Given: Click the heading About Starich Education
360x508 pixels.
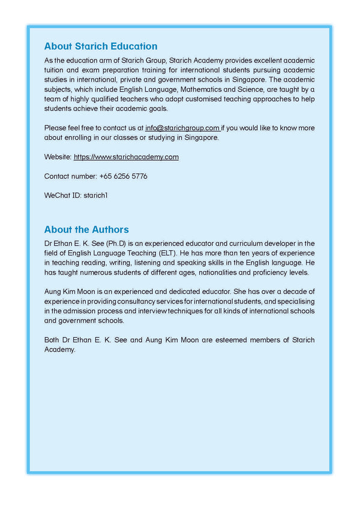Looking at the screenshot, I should click(x=101, y=46).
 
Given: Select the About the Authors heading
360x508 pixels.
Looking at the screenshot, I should click(x=86, y=230).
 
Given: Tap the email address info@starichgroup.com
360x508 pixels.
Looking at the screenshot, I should click(x=182, y=128).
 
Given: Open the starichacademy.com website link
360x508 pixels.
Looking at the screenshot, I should click(x=126, y=157).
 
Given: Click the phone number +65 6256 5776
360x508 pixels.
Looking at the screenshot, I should click(x=124, y=176).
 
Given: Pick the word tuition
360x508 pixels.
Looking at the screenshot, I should click(x=55, y=70).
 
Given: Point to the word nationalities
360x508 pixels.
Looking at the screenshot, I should click(x=215, y=272).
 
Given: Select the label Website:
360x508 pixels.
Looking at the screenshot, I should click(x=58, y=157).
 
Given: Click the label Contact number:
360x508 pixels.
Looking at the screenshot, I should click(x=70, y=176).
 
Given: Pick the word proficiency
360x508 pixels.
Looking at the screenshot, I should click(x=260, y=272).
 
